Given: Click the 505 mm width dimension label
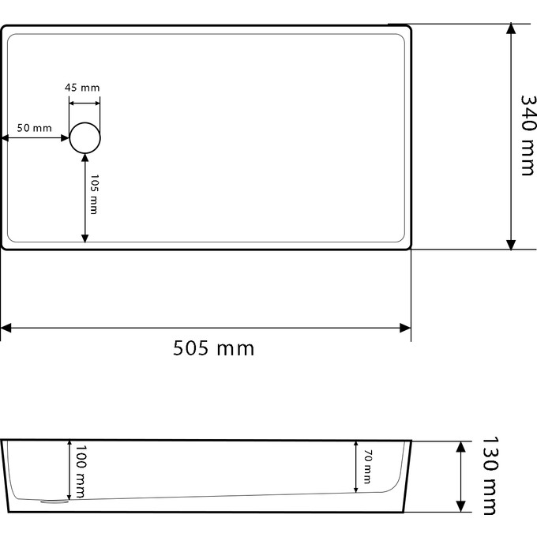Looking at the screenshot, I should pos(214,347).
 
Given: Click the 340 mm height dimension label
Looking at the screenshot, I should pos(528,136).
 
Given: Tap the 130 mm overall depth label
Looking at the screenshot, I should pos(490,475).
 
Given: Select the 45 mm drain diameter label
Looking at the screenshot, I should pos(82,88).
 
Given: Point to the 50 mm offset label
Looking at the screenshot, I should pos(34,128).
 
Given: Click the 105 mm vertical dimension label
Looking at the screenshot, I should pos(93,194).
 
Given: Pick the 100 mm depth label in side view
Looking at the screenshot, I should pos(80,471).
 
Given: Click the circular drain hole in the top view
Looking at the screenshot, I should pos(85,137).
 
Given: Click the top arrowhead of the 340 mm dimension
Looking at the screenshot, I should pos(512,28).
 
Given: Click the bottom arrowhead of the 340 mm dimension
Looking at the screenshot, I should pos(512,244).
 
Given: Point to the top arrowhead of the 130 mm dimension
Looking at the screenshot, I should pos(460,447).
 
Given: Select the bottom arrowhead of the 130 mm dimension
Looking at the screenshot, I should pos(460,507).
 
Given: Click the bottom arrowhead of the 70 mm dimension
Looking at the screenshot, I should pos(355,488).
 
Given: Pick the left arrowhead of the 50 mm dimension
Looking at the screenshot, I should pos(5,138).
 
